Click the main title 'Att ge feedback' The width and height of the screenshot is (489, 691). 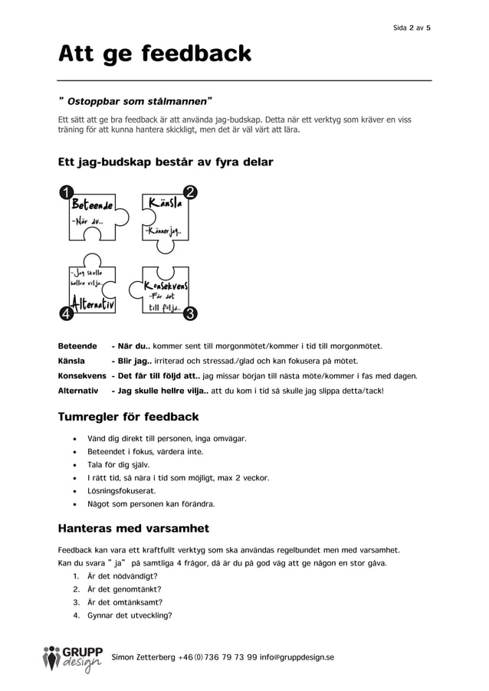155,54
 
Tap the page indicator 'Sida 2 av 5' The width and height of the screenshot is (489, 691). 412,28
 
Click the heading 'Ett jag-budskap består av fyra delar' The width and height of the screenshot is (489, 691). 166,162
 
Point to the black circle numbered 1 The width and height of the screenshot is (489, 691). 67,192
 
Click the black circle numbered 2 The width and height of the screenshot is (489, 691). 190,192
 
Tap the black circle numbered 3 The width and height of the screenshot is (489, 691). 190,313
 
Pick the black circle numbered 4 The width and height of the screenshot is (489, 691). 67,313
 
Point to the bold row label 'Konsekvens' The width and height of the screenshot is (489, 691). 82,376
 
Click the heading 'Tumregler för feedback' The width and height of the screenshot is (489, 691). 128,417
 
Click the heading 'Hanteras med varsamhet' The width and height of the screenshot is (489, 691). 133,528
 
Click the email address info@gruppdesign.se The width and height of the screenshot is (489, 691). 297,657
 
